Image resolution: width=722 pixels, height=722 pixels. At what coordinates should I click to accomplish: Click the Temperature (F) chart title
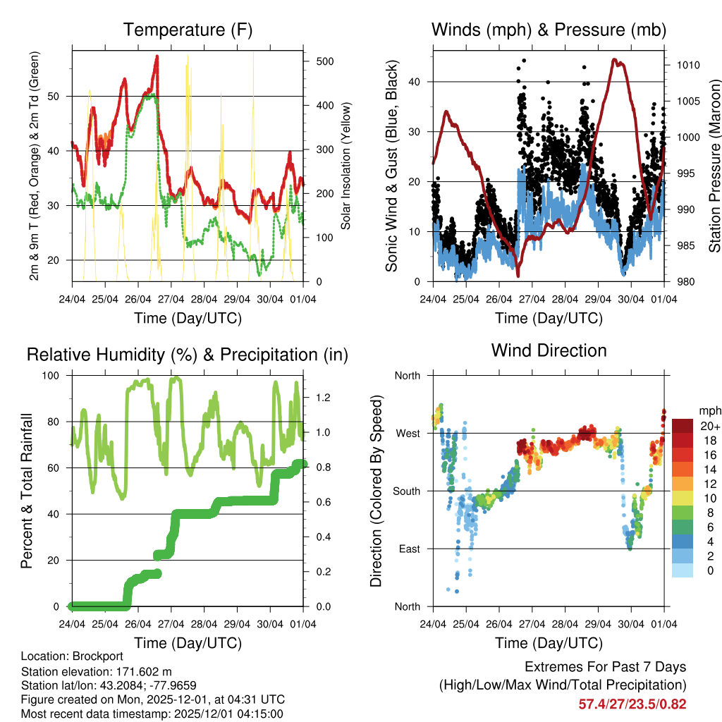click(188, 30)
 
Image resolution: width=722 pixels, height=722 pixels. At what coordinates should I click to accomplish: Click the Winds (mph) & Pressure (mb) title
click(549, 30)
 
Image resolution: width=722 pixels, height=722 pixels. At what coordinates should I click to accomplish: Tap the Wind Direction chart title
click(549, 350)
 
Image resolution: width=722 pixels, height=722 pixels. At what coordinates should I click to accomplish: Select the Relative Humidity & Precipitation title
click(188, 355)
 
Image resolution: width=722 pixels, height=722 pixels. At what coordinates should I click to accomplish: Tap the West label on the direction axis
click(408, 433)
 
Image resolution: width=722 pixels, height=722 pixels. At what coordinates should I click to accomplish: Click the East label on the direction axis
click(409, 549)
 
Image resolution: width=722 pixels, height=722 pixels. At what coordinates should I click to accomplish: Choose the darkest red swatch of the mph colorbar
click(683, 426)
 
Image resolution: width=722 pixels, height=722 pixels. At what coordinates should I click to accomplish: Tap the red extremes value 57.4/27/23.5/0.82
click(632, 704)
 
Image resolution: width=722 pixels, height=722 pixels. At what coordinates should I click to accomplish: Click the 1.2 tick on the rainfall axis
click(323, 398)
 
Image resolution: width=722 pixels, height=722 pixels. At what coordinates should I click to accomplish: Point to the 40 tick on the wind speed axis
click(415, 82)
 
